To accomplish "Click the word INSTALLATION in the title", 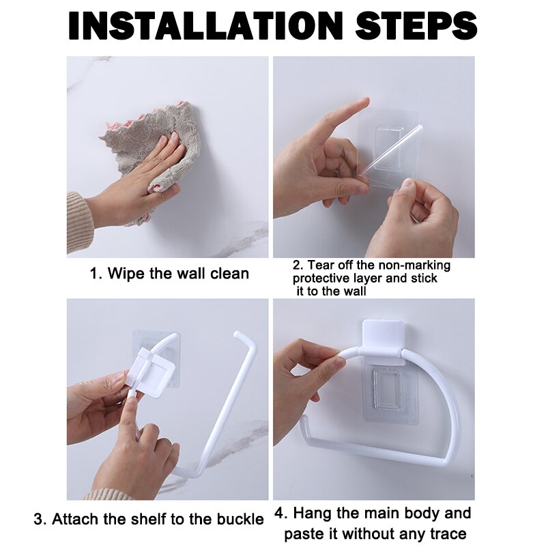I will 205,25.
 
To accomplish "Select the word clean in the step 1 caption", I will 229,274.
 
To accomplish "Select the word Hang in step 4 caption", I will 318,513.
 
